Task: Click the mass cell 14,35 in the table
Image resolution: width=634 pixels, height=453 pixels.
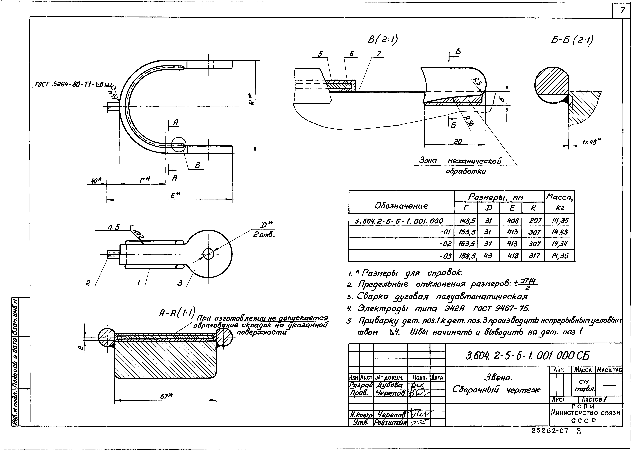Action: [x=559, y=221]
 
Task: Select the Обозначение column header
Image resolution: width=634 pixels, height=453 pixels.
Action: [x=401, y=206]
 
